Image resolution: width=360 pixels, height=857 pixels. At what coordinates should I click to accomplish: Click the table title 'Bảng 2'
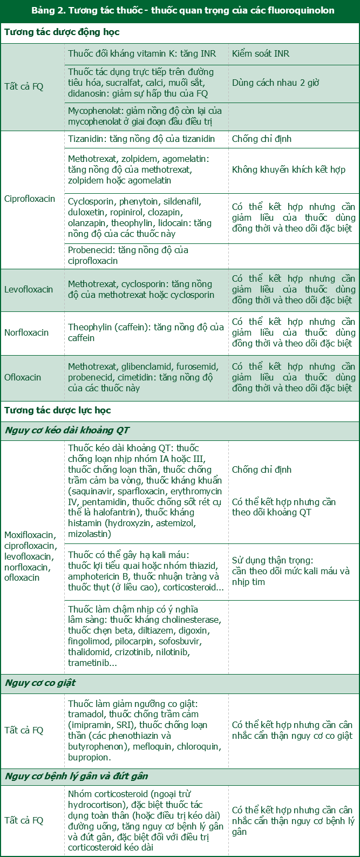182,10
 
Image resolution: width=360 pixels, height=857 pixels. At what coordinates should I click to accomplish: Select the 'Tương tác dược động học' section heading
62,32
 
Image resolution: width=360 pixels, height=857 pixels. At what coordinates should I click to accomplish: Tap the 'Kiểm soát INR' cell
261,54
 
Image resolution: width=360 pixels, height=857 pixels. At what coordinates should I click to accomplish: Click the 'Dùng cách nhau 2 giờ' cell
275,83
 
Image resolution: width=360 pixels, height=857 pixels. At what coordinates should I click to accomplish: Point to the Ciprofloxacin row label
30,199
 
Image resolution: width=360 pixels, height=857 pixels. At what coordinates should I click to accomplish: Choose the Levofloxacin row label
29,289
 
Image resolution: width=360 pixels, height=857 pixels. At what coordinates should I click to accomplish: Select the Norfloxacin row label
26,332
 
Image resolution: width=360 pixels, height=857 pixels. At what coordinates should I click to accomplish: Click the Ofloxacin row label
23,377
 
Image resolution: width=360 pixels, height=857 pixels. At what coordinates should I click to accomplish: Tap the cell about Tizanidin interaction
141,139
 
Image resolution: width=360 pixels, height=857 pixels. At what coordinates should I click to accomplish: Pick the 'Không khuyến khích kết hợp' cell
288,169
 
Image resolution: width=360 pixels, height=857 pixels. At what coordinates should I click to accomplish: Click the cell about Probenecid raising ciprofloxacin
128,255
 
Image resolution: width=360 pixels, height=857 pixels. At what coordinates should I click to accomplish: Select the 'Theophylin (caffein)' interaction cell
146,332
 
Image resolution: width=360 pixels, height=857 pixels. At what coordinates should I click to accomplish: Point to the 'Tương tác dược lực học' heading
58,410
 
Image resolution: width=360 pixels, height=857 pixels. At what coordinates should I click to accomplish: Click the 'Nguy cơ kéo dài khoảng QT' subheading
67,430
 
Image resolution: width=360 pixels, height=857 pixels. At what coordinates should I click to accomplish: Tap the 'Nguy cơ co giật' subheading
40,683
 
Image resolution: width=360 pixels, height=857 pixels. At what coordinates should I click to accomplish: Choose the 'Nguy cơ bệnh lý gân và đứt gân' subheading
77,776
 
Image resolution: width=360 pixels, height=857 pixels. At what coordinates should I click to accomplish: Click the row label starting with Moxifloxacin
30,556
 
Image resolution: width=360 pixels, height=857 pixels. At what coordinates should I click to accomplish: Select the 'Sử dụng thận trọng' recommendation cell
290,571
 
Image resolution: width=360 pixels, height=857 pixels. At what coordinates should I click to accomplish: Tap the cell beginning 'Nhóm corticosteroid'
146,820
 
